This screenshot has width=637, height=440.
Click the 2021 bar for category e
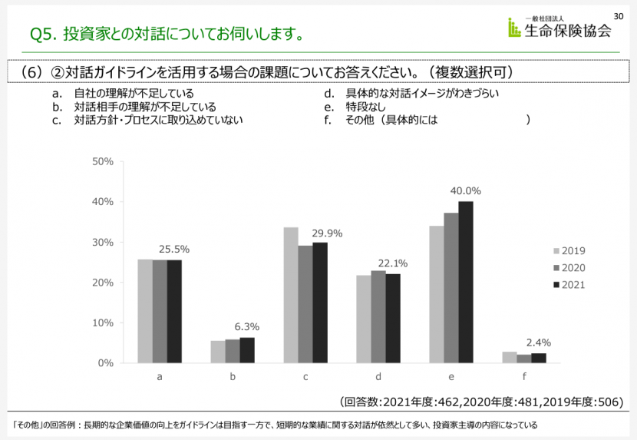[466, 282]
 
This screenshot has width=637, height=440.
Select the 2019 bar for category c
[291, 295]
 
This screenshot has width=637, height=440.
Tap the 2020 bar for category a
[160, 311]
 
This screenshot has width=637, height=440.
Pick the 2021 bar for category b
[247, 350]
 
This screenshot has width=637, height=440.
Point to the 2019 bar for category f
[510, 357]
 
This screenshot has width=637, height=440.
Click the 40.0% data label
[466, 191]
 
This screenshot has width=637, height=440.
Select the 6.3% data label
[247, 327]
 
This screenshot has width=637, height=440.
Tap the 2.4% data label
[538, 342]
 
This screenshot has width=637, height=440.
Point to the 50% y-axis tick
[102, 161]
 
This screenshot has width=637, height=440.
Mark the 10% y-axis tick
[102, 323]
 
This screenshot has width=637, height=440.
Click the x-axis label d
[378, 377]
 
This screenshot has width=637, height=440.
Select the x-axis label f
[524, 377]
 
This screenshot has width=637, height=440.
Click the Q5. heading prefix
[43, 34]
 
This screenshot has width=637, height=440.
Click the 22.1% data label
[393, 263]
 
